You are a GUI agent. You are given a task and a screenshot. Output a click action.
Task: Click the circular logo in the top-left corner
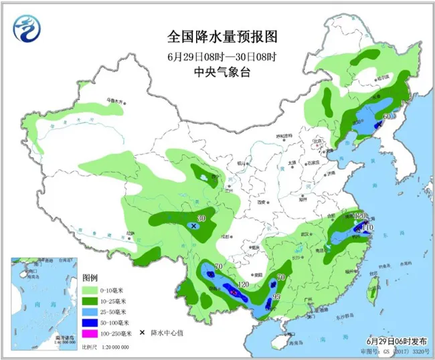26,27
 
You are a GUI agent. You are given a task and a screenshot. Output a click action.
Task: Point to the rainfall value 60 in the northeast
386,116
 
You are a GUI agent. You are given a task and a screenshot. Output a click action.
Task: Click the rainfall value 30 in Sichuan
200,218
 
